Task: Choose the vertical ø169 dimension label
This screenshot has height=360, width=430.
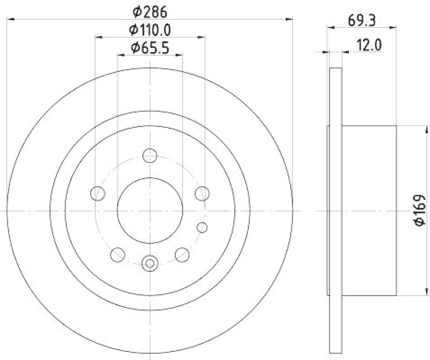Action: pos(420,210)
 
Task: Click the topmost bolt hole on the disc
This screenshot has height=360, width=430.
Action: pos(149,156)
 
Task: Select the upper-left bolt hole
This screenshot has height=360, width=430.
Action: pos(98,193)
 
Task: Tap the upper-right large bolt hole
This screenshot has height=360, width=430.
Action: pos(202,193)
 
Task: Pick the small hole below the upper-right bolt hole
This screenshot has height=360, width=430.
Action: pos(202,227)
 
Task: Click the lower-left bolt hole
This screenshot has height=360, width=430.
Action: pos(117,254)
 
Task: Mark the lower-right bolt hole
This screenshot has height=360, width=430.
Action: pos(182,254)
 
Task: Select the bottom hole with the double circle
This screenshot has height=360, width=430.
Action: pos(149,263)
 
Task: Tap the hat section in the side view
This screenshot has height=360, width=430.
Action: pos(369,210)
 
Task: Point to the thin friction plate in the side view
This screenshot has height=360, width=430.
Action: pos(335,210)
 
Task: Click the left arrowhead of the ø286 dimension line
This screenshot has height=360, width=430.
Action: pos(10,19)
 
